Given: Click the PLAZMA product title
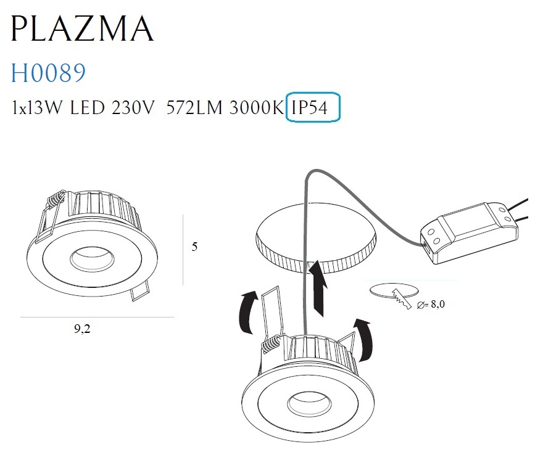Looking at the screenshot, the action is click(82, 28).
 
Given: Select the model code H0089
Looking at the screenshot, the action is click(48, 73).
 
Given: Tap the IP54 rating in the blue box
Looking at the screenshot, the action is click(310, 107).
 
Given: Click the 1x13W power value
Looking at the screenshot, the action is click(37, 107).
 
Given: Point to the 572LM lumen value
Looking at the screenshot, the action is click(194, 107).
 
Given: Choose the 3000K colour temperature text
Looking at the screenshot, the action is click(257, 107).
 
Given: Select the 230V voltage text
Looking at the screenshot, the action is click(133, 107).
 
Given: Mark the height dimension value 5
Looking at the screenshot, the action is click(194, 247).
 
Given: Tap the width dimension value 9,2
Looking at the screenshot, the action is click(82, 329).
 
